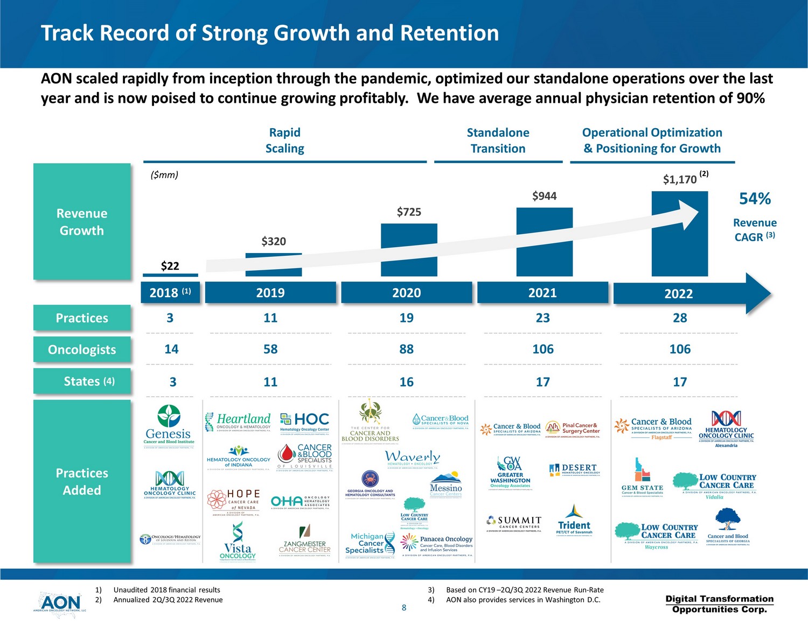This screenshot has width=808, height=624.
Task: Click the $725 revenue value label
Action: tap(409, 212)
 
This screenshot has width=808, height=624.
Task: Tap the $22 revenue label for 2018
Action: tap(170, 266)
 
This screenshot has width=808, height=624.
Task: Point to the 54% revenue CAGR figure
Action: tap(755, 199)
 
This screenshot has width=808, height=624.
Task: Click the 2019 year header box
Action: tap(270, 292)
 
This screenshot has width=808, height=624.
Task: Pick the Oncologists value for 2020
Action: tap(407, 349)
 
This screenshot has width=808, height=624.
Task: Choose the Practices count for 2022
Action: tap(680, 318)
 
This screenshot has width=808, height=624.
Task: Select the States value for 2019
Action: tap(270, 382)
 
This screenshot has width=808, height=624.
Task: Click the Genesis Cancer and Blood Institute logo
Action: tap(169, 425)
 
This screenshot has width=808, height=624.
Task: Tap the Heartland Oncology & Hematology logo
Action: tap(238, 422)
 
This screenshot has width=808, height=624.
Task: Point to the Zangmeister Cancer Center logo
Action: tap(305, 542)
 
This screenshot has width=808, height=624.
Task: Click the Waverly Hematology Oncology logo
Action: tap(413, 459)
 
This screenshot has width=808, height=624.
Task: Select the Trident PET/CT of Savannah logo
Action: tap(574, 520)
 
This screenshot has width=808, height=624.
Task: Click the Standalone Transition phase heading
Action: tap(498, 141)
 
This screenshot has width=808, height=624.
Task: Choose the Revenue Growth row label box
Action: tap(82, 222)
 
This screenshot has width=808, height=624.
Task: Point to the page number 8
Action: tap(404, 608)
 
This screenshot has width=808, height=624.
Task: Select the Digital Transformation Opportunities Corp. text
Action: tap(720, 604)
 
